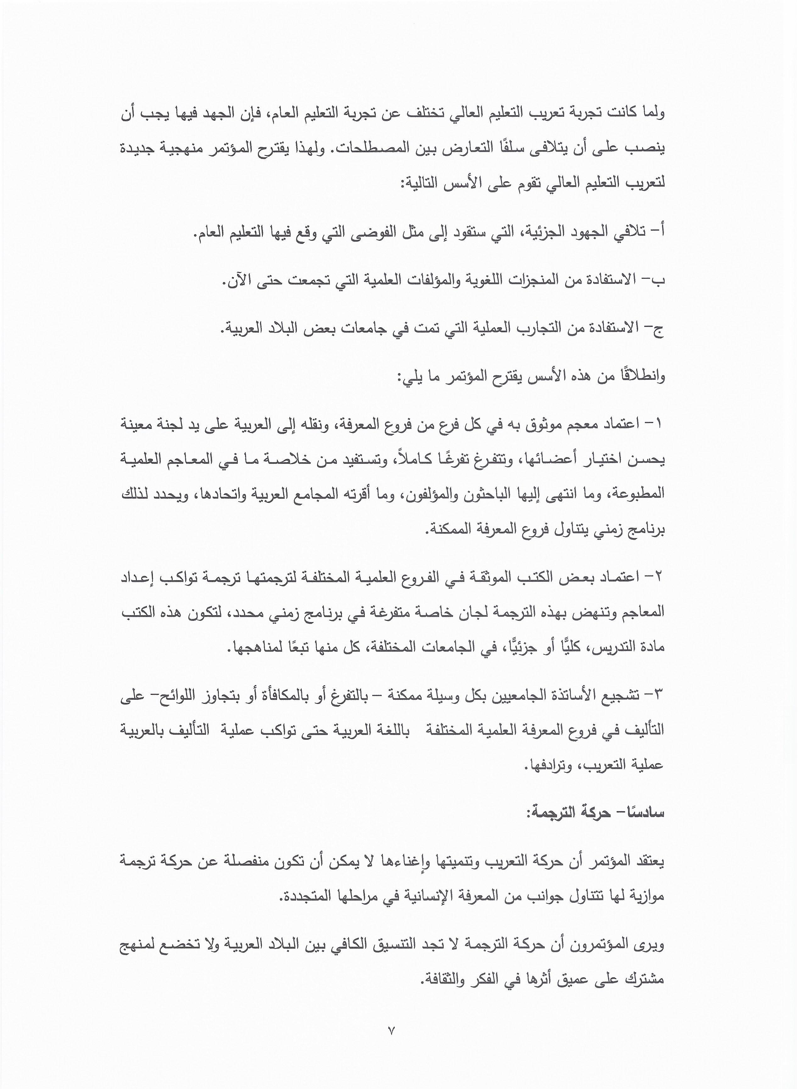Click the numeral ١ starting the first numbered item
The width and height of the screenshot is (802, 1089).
(659, 424)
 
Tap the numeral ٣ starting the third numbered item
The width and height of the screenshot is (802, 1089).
(659, 696)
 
